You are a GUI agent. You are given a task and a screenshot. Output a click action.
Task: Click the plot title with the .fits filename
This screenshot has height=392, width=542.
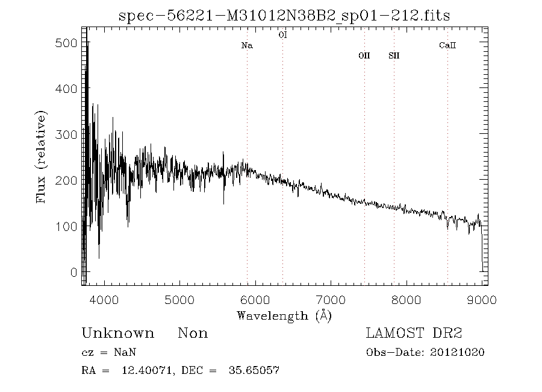pos(285,15)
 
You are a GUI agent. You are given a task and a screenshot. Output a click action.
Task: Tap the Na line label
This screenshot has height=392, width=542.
pos(247,45)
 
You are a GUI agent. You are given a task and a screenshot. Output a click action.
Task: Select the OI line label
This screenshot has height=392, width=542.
pos(282,35)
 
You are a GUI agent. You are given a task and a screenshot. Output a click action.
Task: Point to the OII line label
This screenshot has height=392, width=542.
pos(364,55)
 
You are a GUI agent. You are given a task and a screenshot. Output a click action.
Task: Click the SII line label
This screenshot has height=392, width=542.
pos(394,55)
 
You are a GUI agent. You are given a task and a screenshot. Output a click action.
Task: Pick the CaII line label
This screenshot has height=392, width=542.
pos(447,45)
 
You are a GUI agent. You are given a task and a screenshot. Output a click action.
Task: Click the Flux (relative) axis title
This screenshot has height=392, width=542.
pos(42,157)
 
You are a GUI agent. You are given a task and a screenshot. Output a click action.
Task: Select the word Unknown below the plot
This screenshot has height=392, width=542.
pos(117,334)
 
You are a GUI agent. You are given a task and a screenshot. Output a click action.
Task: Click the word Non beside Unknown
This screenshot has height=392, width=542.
pos(193,334)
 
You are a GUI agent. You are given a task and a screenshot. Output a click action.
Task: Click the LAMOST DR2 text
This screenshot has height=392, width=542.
pos(414,334)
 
